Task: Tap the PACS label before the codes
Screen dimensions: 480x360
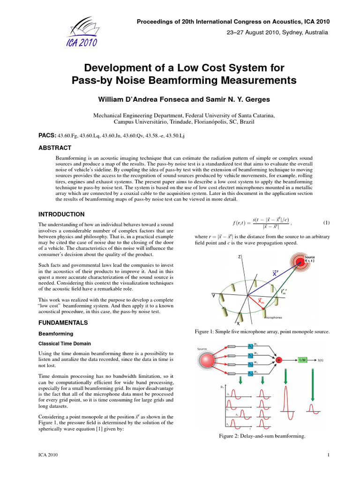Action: pos(47,135)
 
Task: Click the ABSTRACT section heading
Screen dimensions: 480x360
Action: pos(54,148)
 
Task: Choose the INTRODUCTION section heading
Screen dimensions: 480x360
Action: pos(61,214)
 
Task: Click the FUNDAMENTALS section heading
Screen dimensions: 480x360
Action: pos(62,323)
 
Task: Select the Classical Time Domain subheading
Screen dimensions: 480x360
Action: pos(65,344)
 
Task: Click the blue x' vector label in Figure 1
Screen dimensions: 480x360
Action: pos(276,273)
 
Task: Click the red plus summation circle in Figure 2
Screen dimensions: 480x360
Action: pos(279,360)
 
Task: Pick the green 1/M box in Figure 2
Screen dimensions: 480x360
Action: pos(302,360)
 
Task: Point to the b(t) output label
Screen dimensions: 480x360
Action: pos(321,360)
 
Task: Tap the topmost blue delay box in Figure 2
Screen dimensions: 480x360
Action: pos(250,347)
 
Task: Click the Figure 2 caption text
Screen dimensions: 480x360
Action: pos(262,436)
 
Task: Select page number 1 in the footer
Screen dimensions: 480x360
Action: pos(330,455)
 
